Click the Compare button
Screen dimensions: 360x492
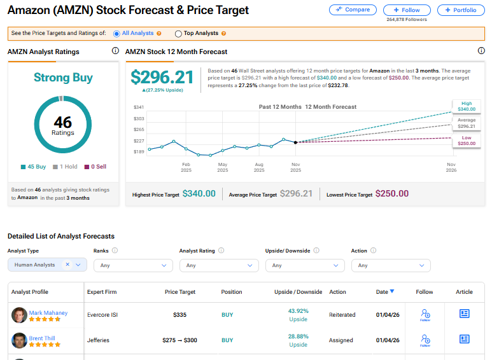pyautogui.click(x=353, y=10)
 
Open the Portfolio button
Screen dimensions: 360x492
pyautogui.click(x=461, y=10)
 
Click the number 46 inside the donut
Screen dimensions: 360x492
pyautogui.click(x=63, y=122)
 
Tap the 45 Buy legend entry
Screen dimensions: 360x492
pyautogui.click(x=34, y=167)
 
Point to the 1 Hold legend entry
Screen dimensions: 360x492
pyautogui.click(x=64, y=167)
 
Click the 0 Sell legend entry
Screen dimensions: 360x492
pyautogui.click(x=95, y=167)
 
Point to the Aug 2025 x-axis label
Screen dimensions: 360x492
pyautogui.click(x=259, y=167)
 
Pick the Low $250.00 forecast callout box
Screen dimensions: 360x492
pyautogui.click(x=466, y=141)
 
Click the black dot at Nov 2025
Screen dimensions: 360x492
pyautogui.click(x=295, y=142)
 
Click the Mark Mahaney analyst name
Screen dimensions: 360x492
pyautogui.click(x=48, y=313)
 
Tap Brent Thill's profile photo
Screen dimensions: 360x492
pyautogui.click(x=19, y=341)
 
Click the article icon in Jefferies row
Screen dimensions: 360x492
pyautogui.click(x=464, y=340)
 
